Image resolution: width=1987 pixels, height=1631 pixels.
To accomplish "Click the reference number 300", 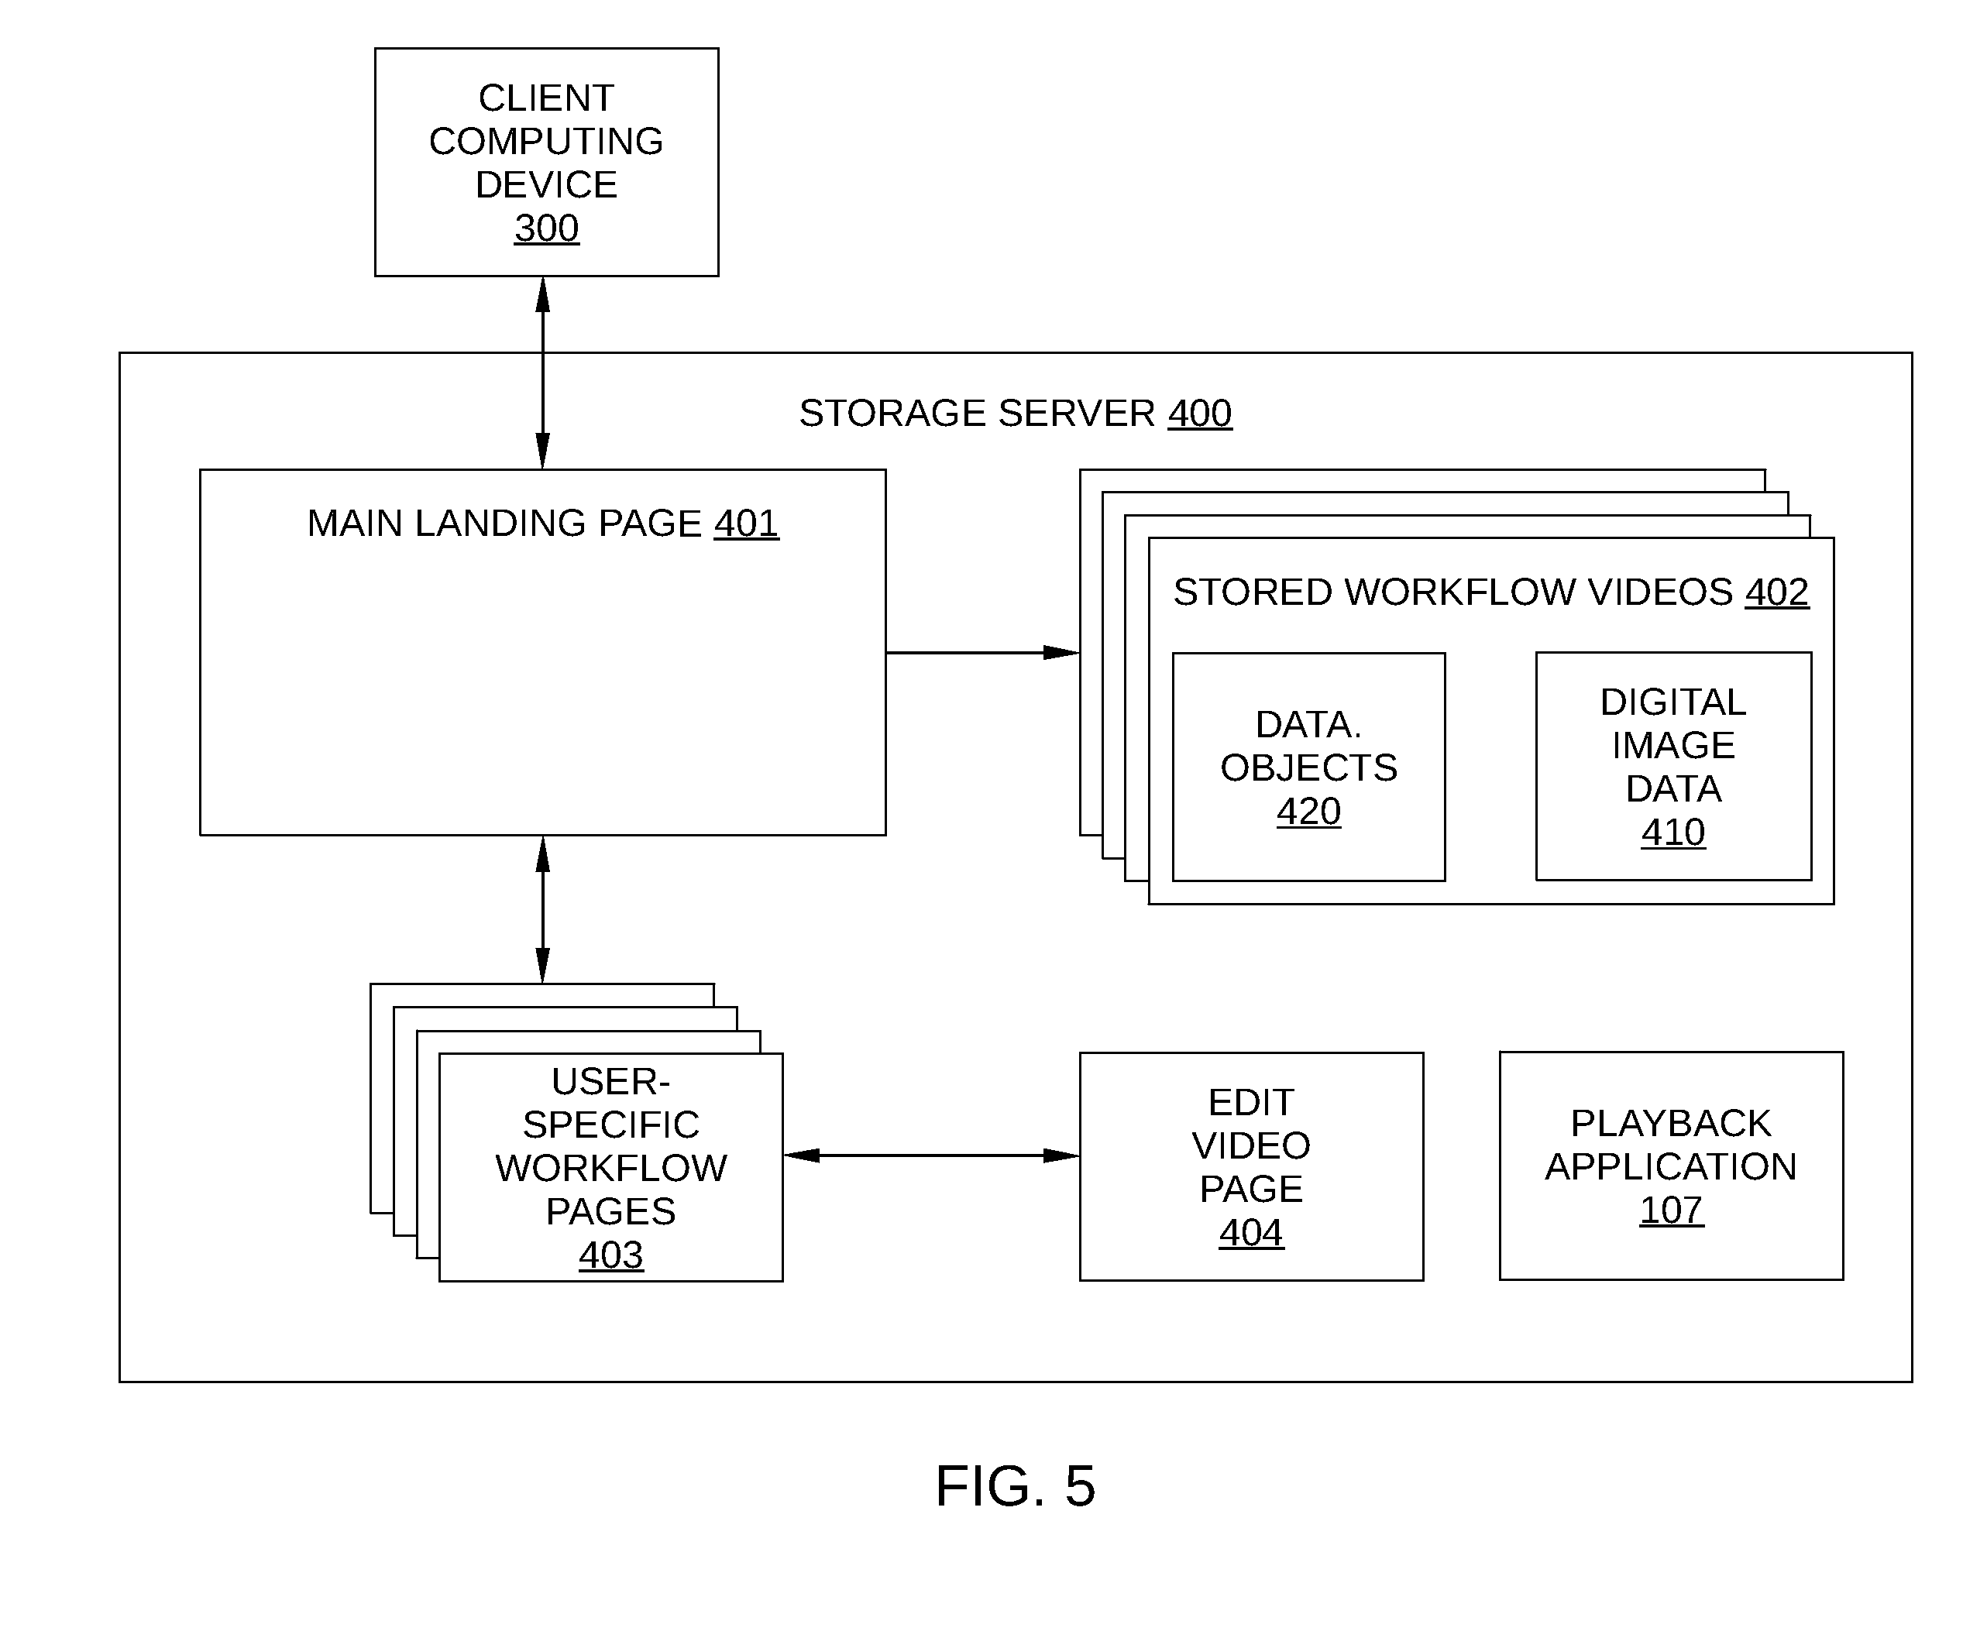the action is [x=546, y=228].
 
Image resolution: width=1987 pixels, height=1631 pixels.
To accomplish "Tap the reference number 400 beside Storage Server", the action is [x=1199, y=414].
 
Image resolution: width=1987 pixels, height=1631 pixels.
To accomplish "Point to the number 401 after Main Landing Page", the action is [x=746, y=524].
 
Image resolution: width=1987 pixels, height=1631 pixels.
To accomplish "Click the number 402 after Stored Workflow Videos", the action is [x=1776, y=592].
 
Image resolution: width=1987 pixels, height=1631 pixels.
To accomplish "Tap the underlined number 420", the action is [x=1308, y=812].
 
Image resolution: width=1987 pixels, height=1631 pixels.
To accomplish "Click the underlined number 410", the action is [x=1673, y=833].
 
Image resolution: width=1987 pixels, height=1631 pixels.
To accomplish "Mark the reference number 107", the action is [x=1671, y=1210].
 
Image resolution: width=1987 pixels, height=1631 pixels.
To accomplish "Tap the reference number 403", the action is [x=611, y=1255].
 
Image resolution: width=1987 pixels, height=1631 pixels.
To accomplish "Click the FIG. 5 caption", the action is [x=1015, y=1486].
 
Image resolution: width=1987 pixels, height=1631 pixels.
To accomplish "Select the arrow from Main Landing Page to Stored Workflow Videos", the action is [x=982, y=652].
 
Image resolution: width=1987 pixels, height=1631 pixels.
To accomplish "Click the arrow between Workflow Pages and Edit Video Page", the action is [x=931, y=1155].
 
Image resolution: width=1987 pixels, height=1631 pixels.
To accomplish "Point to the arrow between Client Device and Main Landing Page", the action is [x=542, y=373].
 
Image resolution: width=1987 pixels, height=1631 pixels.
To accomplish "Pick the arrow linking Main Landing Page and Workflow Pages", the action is [x=542, y=909].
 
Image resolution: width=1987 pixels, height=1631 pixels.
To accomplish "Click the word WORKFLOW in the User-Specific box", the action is [x=611, y=1168].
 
